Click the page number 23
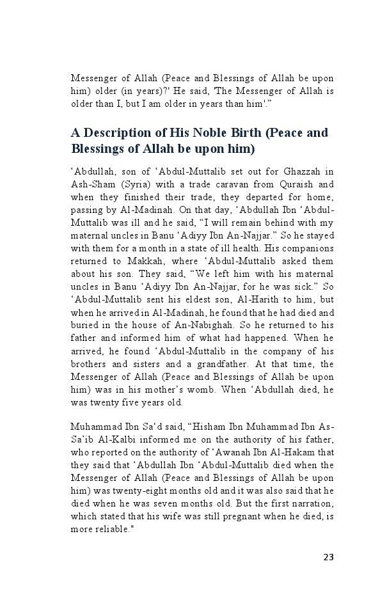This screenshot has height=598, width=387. click(x=328, y=556)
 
